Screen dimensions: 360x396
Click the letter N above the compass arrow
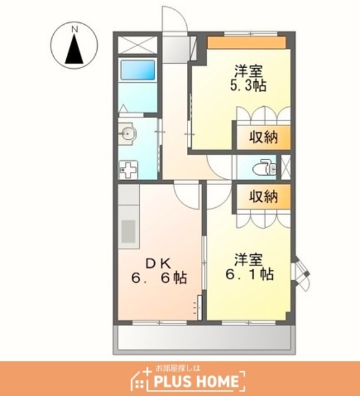(74, 30)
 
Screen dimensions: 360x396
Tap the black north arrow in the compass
(74, 49)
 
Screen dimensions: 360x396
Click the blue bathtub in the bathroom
(137, 70)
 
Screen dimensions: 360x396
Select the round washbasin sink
(128, 133)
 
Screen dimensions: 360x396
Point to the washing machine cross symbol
(128, 170)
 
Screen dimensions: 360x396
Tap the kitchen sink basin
(129, 231)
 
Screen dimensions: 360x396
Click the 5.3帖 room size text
(248, 86)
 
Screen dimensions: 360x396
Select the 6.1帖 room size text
(249, 274)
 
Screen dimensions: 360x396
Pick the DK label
(158, 264)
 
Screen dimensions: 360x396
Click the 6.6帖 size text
(159, 278)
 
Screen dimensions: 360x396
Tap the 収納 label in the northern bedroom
(264, 137)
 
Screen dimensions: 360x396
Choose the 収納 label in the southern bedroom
(264, 197)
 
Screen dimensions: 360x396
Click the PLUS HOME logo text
(197, 381)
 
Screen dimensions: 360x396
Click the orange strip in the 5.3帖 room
(247, 43)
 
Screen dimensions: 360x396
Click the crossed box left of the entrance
(137, 45)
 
